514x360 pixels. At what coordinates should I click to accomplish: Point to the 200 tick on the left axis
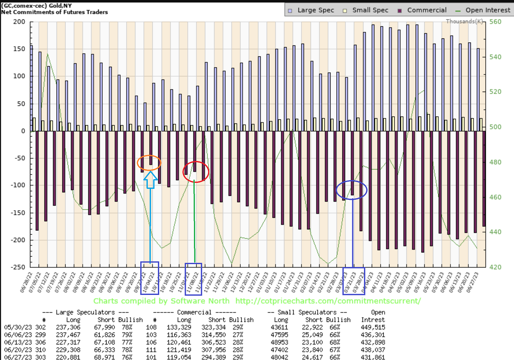[19, 22]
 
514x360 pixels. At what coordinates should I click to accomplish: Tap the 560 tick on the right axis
[495, 22]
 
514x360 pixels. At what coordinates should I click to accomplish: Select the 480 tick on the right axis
[495, 162]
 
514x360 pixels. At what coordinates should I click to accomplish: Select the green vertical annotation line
[194, 222]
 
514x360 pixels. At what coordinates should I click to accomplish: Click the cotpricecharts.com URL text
[328, 301]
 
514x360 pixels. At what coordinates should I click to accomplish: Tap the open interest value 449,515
[373, 327]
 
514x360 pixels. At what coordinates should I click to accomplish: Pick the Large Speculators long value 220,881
[68, 357]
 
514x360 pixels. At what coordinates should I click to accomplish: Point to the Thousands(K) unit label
[464, 21]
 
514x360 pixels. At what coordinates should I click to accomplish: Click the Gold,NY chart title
[60, 6]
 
